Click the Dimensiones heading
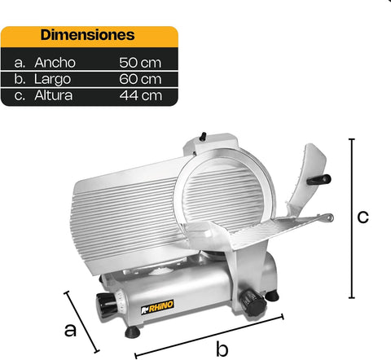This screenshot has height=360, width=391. [88, 36]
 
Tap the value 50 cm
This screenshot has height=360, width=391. [139, 62]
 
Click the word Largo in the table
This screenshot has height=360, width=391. [53, 78]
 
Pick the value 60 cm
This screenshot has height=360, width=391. [139, 78]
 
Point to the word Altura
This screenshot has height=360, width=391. [55, 95]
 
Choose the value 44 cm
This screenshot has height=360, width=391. [139, 95]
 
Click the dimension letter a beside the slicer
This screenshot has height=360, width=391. [71, 329]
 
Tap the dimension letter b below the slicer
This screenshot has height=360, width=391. [221, 349]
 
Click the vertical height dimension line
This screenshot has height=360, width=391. [352, 218]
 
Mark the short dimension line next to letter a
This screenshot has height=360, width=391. [81, 320]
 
